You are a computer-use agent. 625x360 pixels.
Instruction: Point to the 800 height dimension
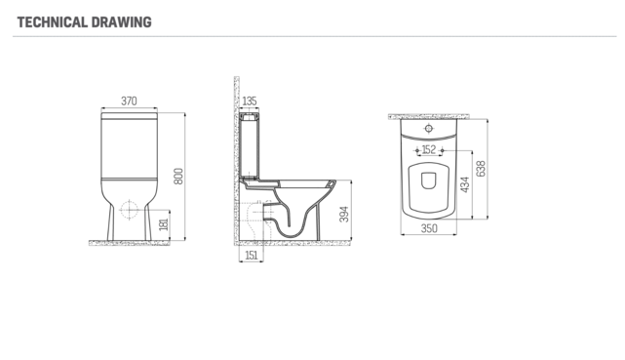[178, 176]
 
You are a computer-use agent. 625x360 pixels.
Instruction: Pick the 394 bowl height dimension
[344, 214]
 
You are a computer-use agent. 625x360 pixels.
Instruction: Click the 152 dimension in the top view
[429, 150]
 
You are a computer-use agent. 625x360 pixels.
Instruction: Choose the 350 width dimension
[429, 230]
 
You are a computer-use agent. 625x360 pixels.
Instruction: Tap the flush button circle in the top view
[429, 128]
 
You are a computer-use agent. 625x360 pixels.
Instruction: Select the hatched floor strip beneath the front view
[128, 243]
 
